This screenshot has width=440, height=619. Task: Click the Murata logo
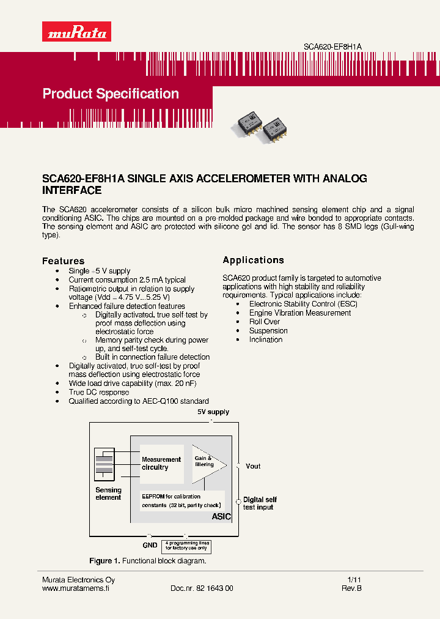click(76, 31)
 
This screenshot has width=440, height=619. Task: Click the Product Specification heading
click(111, 94)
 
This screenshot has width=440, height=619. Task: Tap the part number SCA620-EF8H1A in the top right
click(333, 46)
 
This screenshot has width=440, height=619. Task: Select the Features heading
click(63, 261)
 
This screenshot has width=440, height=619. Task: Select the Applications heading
click(253, 260)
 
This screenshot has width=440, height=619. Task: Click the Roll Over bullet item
click(265, 322)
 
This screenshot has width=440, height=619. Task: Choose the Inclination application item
click(265, 339)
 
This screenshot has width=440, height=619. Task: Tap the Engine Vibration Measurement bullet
click(299, 313)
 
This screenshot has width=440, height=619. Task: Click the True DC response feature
click(98, 392)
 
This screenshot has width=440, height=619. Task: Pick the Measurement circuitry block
click(161, 463)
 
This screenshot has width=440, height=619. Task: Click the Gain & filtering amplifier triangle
click(207, 463)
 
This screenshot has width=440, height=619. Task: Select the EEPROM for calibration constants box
click(182, 501)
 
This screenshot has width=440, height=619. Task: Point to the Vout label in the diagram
click(253, 466)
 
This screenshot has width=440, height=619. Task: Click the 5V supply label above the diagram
click(213, 412)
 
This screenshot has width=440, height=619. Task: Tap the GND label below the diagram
click(150, 544)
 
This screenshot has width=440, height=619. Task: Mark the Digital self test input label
click(260, 503)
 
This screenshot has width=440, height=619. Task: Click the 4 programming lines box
click(186, 546)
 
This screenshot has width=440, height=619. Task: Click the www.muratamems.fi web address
click(75, 588)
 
